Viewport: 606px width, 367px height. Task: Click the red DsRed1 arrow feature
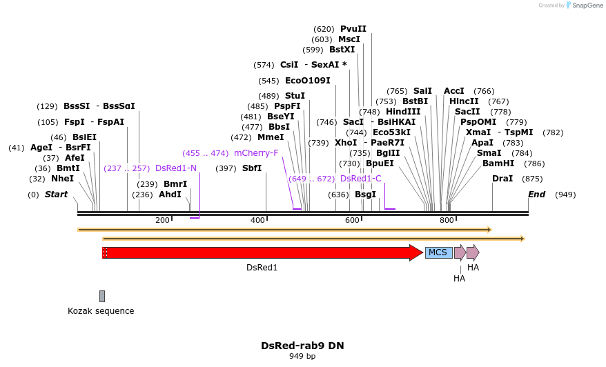coord(262,252)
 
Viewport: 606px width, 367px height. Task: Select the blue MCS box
coord(438,252)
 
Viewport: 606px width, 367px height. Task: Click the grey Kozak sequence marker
coord(102,296)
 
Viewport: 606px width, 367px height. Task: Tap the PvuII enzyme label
coord(353,29)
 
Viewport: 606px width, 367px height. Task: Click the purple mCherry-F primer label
coord(256,153)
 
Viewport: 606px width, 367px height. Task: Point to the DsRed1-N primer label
coord(176,168)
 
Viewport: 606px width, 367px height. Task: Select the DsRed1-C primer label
coord(361,179)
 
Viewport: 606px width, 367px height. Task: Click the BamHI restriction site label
coord(498,163)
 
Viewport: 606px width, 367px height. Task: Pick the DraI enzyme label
coord(502,179)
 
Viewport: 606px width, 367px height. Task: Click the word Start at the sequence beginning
coord(57,195)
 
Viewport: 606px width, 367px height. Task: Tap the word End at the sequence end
coord(537,195)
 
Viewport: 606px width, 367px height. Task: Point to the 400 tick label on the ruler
coord(257,220)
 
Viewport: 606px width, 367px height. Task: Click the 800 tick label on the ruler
coord(447,220)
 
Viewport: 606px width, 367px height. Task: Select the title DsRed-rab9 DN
coord(302,346)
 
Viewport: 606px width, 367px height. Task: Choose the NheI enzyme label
coord(62,179)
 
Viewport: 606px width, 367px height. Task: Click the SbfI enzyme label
coord(252,168)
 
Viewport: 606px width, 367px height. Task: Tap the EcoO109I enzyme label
coord(308,81)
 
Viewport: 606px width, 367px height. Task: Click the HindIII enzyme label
coord(403,112)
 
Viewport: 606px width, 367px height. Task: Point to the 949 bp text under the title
coord(302,357)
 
